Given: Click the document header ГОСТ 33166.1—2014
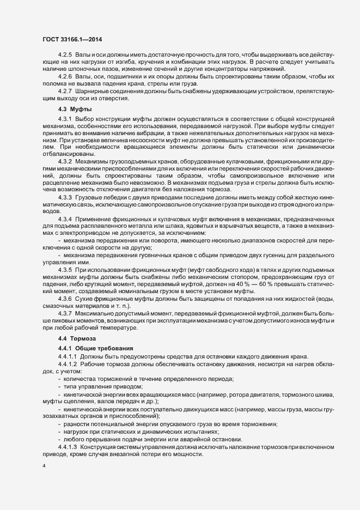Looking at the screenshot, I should point(71,39).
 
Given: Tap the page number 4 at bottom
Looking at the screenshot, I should point(44,466).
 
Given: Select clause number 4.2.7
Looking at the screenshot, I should point(65,91).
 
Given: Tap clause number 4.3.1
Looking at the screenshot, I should point(65,119).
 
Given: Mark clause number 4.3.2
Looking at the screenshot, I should point(65,162).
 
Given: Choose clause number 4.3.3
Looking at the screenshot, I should point(65,197).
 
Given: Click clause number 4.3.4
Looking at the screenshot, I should point(65,218).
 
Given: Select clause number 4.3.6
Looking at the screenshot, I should point(65,298).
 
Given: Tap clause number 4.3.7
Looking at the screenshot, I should point(65,313).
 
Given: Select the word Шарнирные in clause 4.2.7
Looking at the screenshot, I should point(94,91).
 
